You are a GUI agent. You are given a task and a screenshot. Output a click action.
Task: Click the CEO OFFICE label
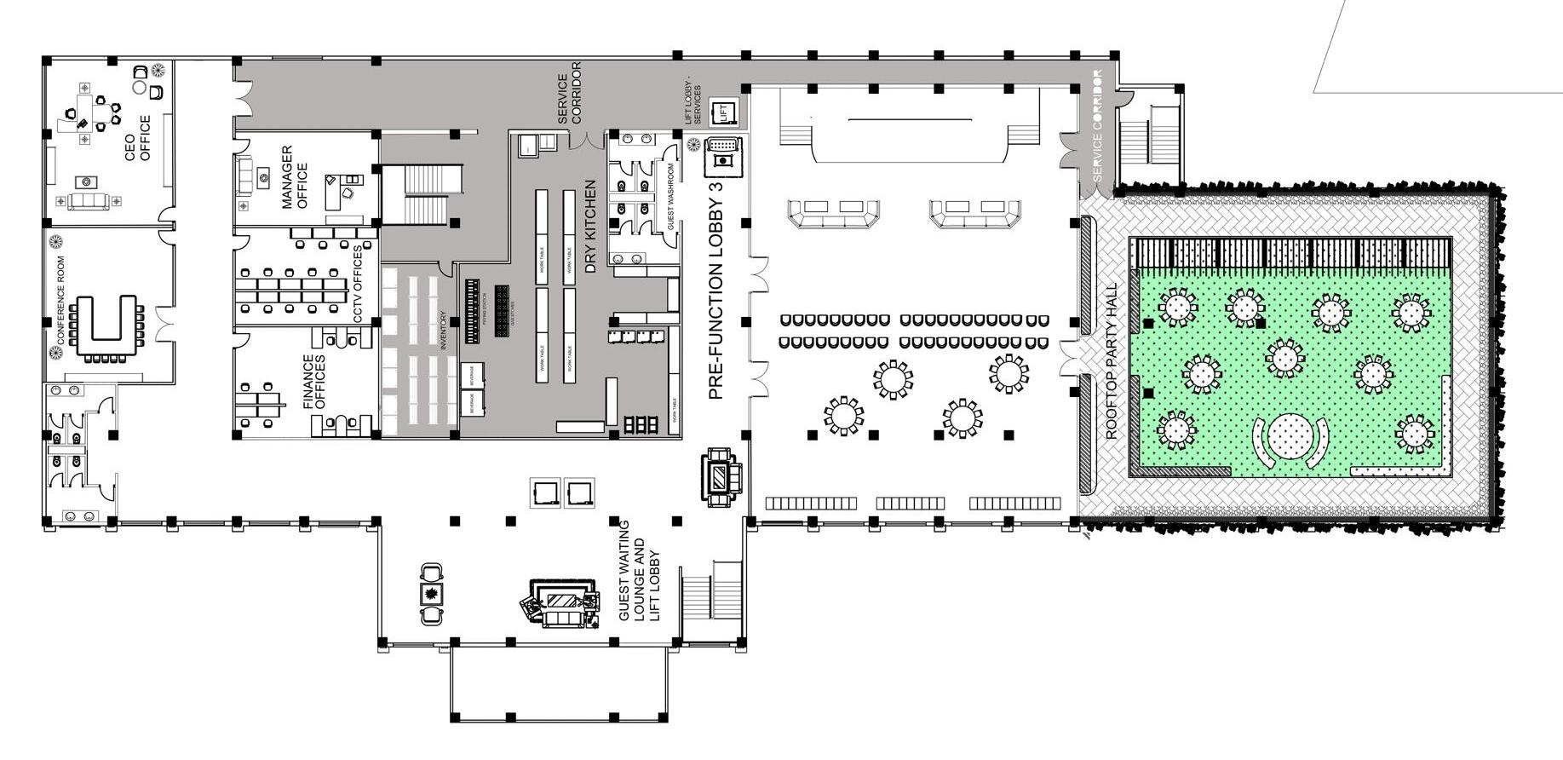[x=138, y=138]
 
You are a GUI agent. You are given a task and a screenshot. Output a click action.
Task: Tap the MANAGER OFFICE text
[x=295, y=177]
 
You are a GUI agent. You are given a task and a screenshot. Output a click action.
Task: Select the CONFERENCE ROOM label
[x=60, y=300]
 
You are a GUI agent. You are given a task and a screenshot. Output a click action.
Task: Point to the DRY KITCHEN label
[x=590, y=226]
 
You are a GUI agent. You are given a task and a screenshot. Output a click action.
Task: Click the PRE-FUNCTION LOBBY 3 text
[x=716, y=290]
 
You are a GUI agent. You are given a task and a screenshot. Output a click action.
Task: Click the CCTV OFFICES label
[x=358, y=285]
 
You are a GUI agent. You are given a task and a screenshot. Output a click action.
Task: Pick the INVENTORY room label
[x=443, y=330]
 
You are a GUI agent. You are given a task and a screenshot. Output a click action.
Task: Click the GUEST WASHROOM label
[x=671, y=197]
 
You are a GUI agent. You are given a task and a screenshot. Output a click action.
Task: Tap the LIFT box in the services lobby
[x=724, y=111]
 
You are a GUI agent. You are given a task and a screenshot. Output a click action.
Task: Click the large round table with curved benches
[x=1291, y=436]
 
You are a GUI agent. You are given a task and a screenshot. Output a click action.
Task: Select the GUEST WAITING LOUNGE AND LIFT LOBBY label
[x=639, y=570]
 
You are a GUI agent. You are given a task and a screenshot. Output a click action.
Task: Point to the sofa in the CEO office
[x=89, y=201]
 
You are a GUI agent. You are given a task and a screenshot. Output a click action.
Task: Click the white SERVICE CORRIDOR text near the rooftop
[x=1097, y=125]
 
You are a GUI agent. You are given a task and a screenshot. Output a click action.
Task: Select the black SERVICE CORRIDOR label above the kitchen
[x=569, y=93]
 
